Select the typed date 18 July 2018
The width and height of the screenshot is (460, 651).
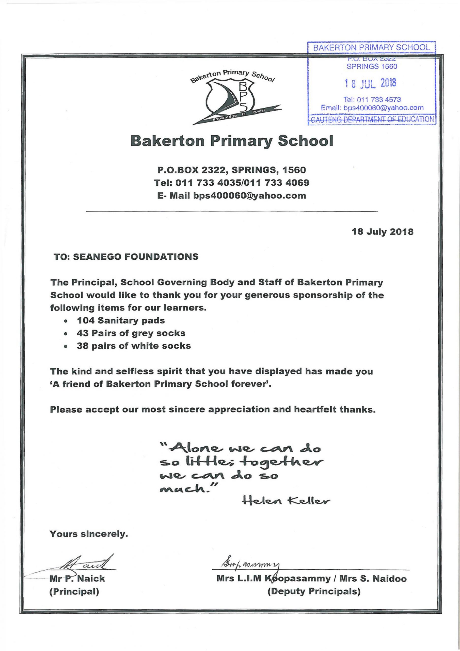coord(382,232)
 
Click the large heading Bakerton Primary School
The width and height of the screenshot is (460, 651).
coord(232,141)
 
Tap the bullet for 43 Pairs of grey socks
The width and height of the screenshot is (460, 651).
coord(66,334)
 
